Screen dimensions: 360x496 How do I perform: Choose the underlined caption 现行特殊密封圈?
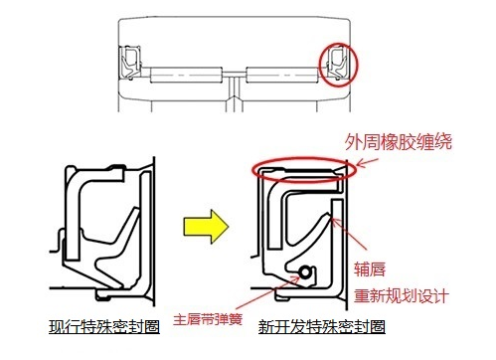(x=100, y=326)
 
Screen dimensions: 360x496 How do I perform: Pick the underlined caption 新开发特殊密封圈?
(x=320, y=326)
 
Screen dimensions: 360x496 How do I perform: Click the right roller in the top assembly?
(x=282, y=73)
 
